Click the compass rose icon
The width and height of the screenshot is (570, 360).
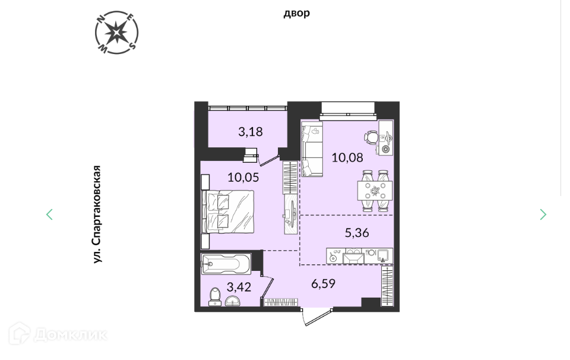[117, 33]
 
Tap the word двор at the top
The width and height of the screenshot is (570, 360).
[297, 13]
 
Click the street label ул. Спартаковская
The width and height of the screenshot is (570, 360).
[96, 214]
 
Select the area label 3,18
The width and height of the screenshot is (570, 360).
[251, 132]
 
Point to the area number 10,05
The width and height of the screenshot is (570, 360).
[243, 178]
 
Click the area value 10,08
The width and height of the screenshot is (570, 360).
[347, 157]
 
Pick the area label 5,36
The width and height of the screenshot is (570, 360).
[357, 233]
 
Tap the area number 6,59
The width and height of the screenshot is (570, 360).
[323, 283]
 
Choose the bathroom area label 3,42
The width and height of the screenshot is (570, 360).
[239, 288]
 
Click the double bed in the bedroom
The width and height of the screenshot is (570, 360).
[228, 211]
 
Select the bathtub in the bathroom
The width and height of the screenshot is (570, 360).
[226, 264]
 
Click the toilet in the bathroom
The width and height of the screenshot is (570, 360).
[215, 296]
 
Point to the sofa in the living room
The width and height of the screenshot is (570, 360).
[312, 149]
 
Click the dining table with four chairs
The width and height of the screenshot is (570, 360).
[375, 191]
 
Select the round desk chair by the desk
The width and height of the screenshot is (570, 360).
[372, 137]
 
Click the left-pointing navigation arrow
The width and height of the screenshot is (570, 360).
[49, 214]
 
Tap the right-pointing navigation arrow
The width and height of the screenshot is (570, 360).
[543, 214]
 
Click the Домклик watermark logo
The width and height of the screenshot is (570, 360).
[58, 334]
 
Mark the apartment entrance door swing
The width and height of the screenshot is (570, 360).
[317, 317]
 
